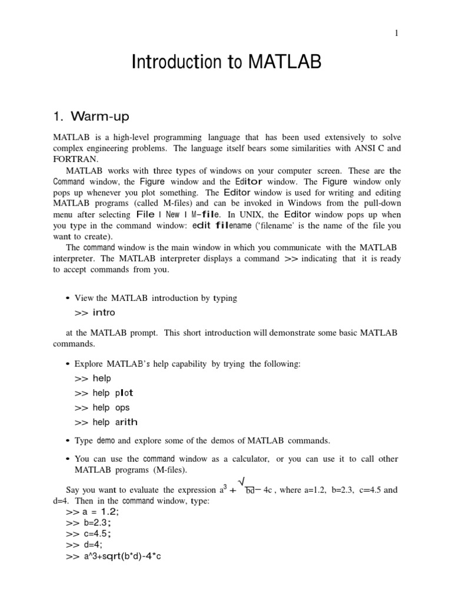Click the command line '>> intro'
(95, 313)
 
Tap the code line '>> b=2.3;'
(89, 523)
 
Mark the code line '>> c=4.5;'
(89, 534)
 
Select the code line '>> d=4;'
(84, 545)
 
